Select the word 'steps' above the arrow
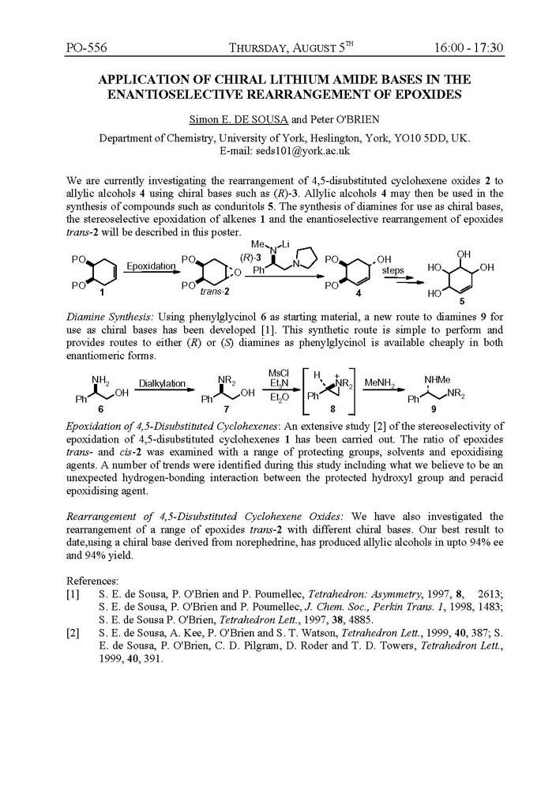point(393,269)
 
